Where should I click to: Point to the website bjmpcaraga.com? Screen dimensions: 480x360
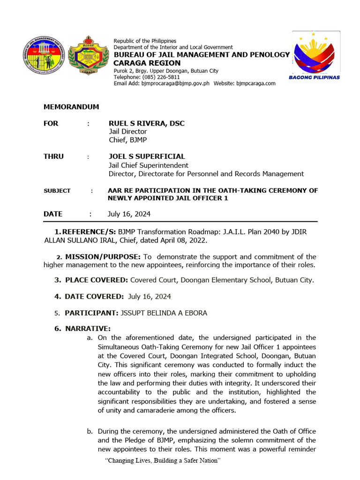pyautogui.click(x=255, y=83)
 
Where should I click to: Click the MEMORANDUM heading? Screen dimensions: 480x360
pyautogui.click(x=71, y=107)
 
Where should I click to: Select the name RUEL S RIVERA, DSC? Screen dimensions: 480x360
pyautogui.click(x=146, y=123)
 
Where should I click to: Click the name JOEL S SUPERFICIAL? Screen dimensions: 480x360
pyautogui.click(x=147, y=156)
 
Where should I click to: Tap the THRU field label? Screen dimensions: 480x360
pyautogui.click(x=53, y=156)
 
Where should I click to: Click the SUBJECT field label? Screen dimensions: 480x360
pyautogui.click(x=57, y=191)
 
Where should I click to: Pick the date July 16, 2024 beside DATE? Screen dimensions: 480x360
pyautogui.click(x=129, y=214)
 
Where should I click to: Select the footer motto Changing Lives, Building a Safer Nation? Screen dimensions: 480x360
pyautogui.click(x=163, y=460)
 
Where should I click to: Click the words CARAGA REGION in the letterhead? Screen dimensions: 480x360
pyautogui.click(x=147, y=63)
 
